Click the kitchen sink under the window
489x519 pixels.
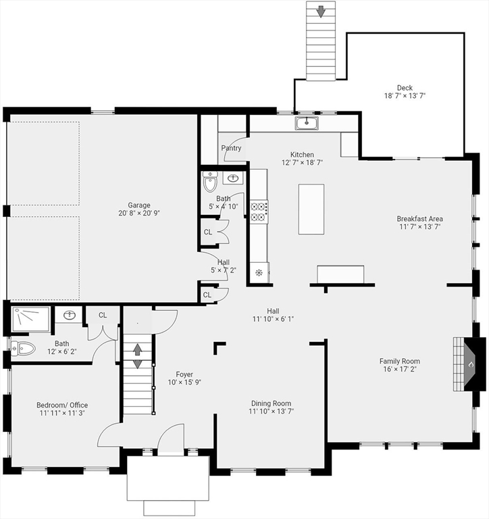tap(307, 123)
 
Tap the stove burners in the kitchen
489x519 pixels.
tap(259, 212)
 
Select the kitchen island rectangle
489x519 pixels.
tap(311, 209)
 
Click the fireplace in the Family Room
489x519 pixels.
tap(469, 364)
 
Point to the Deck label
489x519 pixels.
tap(405, 88)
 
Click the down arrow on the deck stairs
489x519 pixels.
tap(321, 11)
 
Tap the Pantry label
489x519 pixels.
tap(231, 148)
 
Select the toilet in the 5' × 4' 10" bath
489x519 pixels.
tap(210, 181)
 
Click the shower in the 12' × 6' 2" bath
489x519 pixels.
tap(30, 319)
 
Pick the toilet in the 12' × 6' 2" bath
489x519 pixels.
tap(23, 349)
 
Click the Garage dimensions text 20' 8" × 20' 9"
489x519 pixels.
tap(139, 213)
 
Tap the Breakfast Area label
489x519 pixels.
tap(419, 219)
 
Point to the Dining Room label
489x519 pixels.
tap(272, 403)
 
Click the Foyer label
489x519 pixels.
tap(184, 374)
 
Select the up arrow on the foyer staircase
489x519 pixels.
tap(138, 349)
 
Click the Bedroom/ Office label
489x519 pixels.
tap(62, 405)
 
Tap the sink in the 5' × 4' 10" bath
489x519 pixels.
tap(233, 178)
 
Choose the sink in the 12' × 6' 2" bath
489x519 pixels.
tap(69, 315)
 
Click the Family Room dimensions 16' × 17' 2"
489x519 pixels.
tap(400, 369)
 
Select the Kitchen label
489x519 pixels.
tap(302, 155)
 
